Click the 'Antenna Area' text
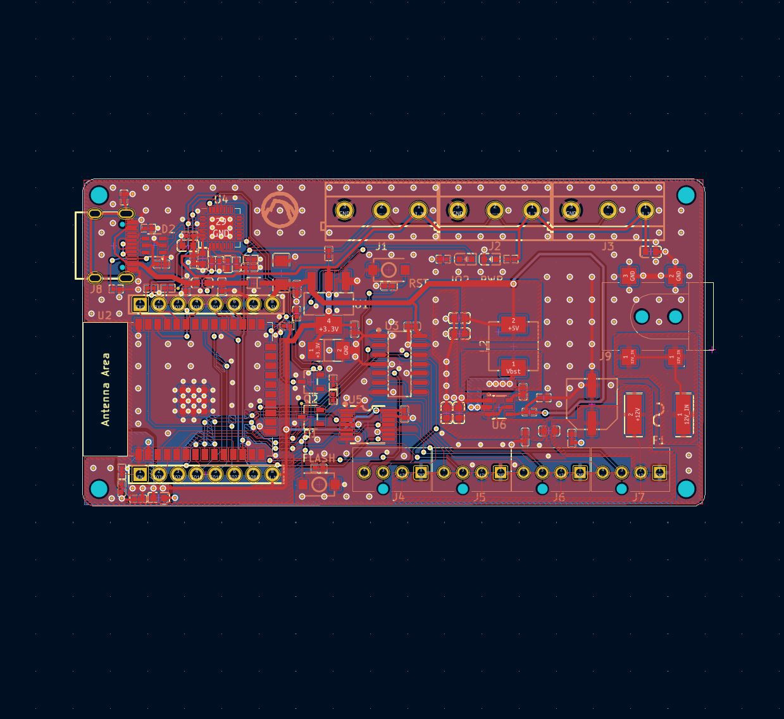coord(106,389)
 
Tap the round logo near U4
coord(280,210)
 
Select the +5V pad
coord(513,325)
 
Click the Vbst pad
coord(513,368)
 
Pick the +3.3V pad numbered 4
coord(328,325)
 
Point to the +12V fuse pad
coord(633,415)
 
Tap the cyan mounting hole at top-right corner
coord(686,195)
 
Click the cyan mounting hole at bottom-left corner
coord(99,489)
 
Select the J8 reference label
coord(96,289)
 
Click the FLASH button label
coord(319,458)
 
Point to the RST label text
coord(418,283)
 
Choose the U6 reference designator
coord(499,425)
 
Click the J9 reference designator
coord(605,356)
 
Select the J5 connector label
coord(480,497)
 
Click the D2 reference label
coord(168,228)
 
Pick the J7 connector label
coord(638,497)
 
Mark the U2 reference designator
coord(104,315)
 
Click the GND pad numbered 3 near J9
coord(626,275)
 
